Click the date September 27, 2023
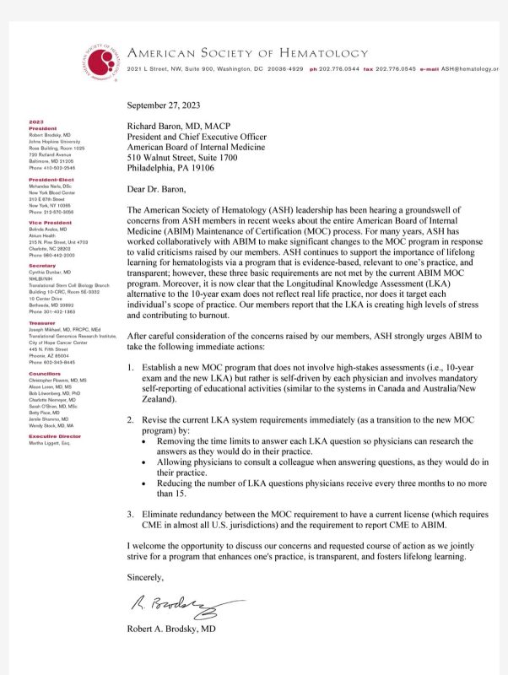click(x=167, y=107)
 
